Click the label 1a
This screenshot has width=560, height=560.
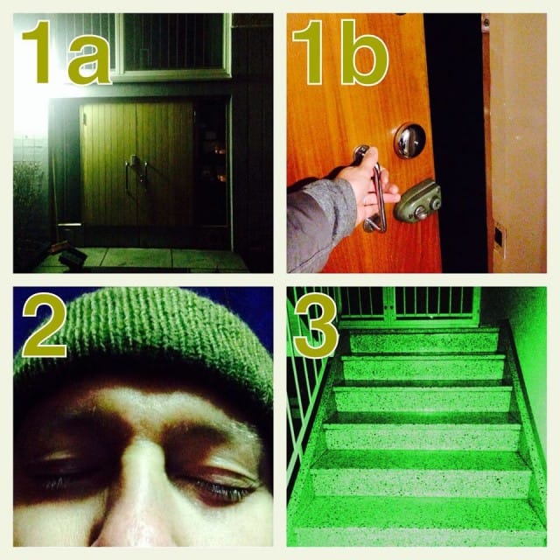66,52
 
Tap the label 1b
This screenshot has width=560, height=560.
340,52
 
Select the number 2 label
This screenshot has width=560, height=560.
45,325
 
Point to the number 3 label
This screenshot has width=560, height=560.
316,325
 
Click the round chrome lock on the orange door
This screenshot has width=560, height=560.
409,140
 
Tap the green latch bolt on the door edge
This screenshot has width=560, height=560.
417,200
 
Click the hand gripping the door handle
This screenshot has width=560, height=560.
371,185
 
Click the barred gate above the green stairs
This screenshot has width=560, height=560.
410,306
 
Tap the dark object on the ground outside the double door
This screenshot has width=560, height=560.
73,256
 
